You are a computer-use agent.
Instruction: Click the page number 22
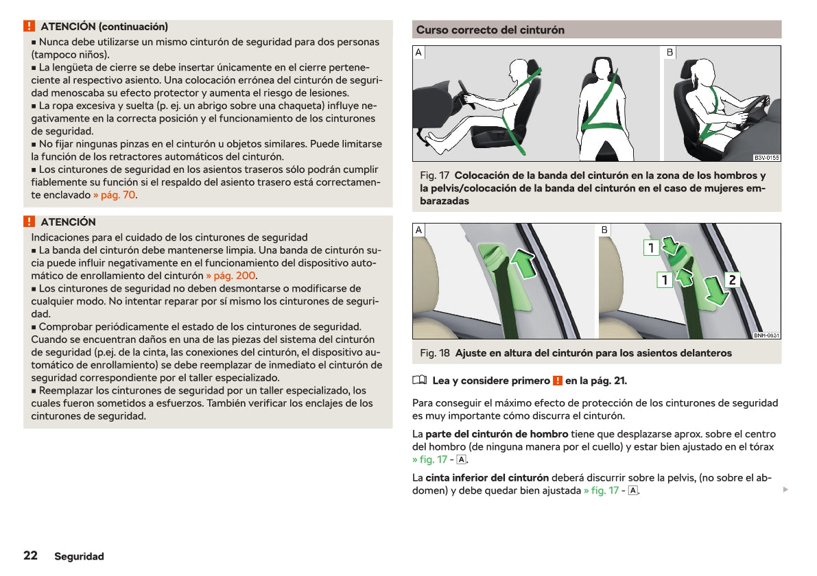coord(30,555)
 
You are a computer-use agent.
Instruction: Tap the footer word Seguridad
coord(80,556)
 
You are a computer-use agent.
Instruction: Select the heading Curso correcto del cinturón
coord(490,30)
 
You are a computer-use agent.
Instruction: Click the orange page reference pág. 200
coord(230,276)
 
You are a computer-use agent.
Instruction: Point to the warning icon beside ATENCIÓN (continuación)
coord(29,27)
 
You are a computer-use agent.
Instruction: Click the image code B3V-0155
coord(766,158)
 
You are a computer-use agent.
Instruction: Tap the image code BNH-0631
coord(766,335)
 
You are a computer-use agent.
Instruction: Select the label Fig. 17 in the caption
coord(434,176)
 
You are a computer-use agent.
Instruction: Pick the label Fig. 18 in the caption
coord(435,353)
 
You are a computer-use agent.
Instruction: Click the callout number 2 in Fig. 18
coord(732,280)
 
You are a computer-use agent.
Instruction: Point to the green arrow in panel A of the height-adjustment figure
coord(525,264)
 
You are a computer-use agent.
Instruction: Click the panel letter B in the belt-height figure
coord(604,230)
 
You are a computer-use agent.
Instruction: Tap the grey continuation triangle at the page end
coord(785,490)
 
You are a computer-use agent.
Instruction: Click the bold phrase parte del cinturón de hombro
coord(497,434)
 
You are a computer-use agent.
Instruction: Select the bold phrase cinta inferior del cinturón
coord(487,478)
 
